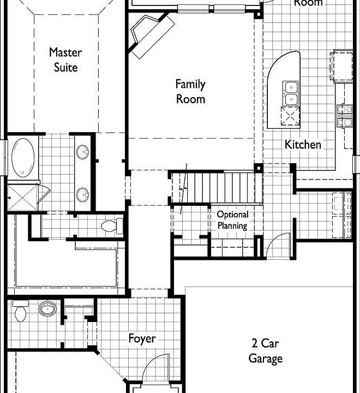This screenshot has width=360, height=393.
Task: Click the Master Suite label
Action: (65, 60)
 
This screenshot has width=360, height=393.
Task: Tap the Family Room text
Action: (190, 92)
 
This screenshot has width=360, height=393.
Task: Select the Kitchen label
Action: (303, 145)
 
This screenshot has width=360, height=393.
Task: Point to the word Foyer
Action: (142, 339)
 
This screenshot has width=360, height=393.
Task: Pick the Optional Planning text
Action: (232, 220)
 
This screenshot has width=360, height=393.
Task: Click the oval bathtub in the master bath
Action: (22, 157)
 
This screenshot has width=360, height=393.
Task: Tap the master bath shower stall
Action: (23, 198)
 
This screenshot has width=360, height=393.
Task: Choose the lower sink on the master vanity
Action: (83, 194)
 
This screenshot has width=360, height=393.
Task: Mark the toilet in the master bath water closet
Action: (111, 225)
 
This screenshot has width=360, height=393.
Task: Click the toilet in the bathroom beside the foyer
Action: (21, 311)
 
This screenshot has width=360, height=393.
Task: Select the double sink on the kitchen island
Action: (290, 93)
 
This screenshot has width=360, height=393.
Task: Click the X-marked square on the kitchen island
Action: (290, 115)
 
